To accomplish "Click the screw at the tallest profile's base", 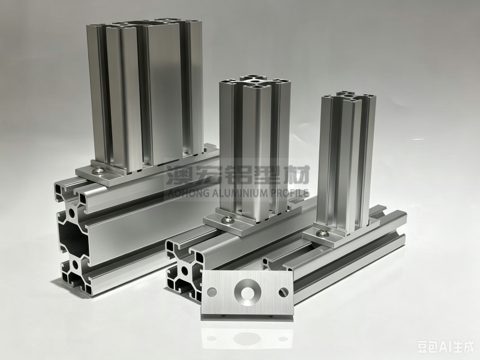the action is tap(100, 170).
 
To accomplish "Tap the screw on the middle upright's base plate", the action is tap(227, 219).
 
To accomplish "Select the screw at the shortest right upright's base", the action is tap(323, 233).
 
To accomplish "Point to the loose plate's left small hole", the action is tap(212, 292).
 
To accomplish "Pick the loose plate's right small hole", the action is tap(284, 292).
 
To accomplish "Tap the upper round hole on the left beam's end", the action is tap(72, 212).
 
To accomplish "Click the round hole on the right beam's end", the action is tap(185, 271).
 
